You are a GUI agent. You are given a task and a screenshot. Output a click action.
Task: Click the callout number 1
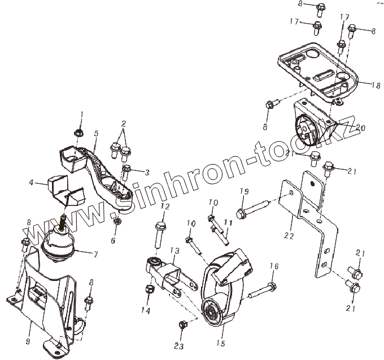(x=81, y=115)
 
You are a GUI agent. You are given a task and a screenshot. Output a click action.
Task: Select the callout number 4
(x=32, y=183)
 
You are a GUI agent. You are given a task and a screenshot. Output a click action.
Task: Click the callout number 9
(x=28, y=326)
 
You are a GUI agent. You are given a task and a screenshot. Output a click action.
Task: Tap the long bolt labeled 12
(x=158, y=233)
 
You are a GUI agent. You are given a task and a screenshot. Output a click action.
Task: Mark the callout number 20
(x=360, y=129)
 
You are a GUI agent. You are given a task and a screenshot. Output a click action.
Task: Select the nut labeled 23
(x=182, y=324)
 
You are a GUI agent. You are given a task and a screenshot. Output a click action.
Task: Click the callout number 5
(x=97, y=134)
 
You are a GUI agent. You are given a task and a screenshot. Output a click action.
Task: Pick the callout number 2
(x=124, y=124)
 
